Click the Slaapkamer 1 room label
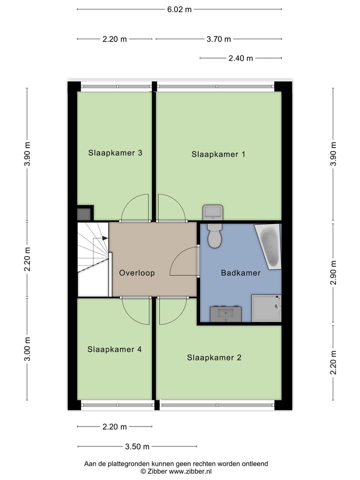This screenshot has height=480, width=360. pos(218,154)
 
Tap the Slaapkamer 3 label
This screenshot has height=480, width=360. pos(115,152)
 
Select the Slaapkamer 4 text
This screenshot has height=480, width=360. pos(114,349)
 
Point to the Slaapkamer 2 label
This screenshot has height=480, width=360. pos(214,357)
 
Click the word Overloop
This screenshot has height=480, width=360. pos(137,273)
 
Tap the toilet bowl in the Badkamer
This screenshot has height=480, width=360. pos(214,237)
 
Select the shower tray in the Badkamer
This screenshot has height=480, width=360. pos(266,308)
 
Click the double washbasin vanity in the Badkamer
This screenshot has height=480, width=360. pos(226,313)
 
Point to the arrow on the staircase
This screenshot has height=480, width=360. pos(104,238)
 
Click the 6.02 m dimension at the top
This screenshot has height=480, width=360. pos(179,9)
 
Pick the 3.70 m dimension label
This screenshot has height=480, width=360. pos(219,39)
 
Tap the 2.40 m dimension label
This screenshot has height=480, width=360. pos(241,58)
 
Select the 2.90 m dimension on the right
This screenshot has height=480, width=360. pos(333,272)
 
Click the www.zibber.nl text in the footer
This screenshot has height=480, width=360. pos(190,471)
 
